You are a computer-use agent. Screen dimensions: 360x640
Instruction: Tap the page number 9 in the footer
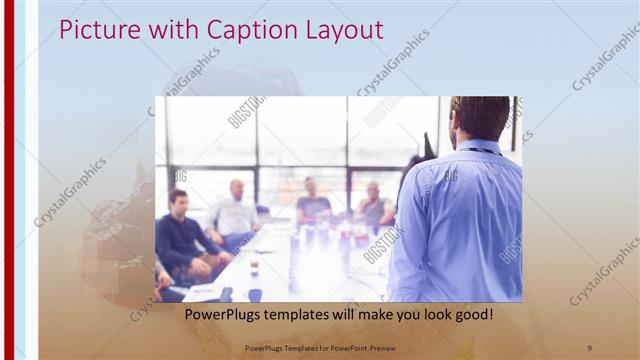[589, 347]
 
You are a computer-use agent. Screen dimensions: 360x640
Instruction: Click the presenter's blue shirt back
[460, 220]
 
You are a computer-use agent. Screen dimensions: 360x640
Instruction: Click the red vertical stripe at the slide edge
[8, 180]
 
